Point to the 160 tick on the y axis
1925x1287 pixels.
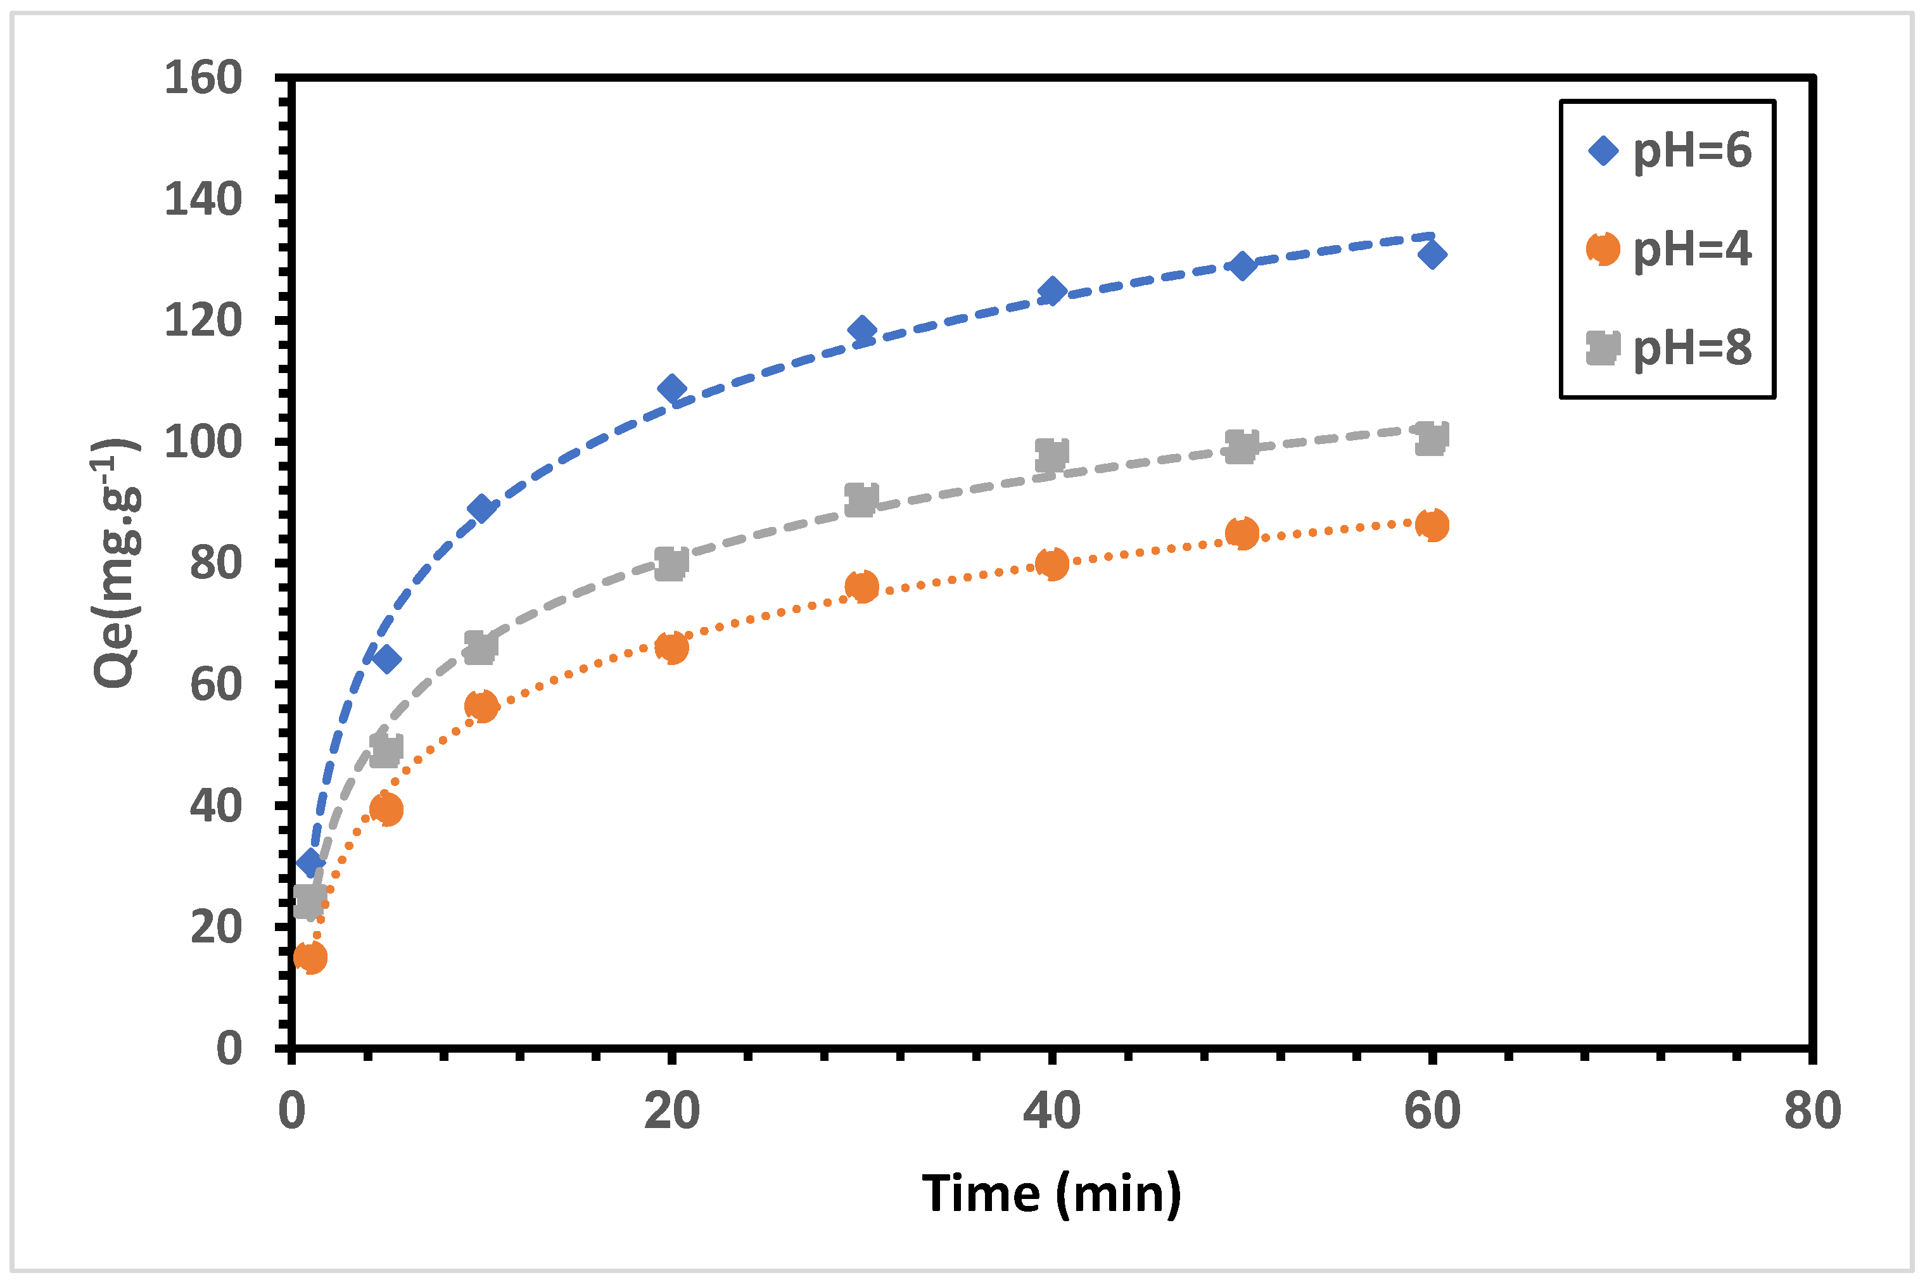point(203,79)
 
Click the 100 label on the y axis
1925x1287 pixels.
point(203,442)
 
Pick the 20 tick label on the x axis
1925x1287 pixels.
point(671,1112)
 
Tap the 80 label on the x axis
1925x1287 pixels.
point(1812,1112)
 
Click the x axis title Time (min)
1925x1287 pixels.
point(1051,1195)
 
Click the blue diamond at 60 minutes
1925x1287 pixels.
point(1432,255)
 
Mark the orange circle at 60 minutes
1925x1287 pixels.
point(1432,525)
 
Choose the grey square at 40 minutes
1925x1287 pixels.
point(1051,454)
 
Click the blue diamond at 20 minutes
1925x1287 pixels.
point(671,389)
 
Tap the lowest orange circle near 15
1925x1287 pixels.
point(310,957)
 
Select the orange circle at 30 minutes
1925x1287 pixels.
point(861,586)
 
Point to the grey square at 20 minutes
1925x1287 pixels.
point(671,564)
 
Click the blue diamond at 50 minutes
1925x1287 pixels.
point(1242,266)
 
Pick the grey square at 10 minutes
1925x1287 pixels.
point(481,647)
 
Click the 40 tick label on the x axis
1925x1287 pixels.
point(1051,1112)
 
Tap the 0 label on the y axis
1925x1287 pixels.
point(229,1049)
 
